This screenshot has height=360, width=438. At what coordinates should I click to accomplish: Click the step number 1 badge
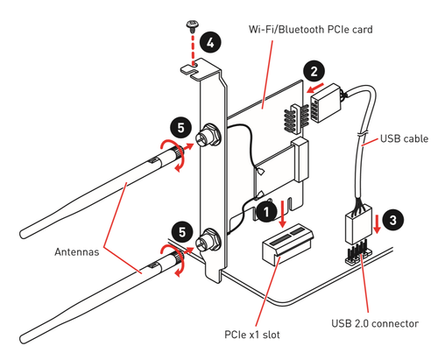267,211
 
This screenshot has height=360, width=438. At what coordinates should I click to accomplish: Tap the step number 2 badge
314,71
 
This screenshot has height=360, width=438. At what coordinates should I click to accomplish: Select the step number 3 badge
393,220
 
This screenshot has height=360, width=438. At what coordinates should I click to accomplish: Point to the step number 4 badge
210,43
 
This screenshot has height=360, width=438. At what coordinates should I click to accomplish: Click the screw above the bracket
192,26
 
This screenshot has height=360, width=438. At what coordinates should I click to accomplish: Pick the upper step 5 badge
181,128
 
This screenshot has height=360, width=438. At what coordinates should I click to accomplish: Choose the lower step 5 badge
182,232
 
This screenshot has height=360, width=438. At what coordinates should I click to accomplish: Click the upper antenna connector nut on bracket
208,135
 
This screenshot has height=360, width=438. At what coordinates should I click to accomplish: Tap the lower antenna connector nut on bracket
208,241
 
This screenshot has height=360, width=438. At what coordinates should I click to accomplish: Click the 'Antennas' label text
77,251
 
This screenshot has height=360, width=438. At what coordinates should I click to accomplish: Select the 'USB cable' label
404,138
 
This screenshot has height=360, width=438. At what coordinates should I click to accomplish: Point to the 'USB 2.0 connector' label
375,323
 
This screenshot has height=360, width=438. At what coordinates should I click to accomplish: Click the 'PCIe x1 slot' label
252,335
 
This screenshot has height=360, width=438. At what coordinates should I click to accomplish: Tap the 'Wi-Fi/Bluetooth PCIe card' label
310,30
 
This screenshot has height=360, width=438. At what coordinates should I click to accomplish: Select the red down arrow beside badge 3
378,224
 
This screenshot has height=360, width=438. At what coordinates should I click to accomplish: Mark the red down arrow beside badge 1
282,214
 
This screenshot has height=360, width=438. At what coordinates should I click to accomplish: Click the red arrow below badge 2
315,88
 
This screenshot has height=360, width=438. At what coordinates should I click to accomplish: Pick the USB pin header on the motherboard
358,256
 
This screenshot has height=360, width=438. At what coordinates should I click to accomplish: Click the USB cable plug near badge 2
325,102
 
